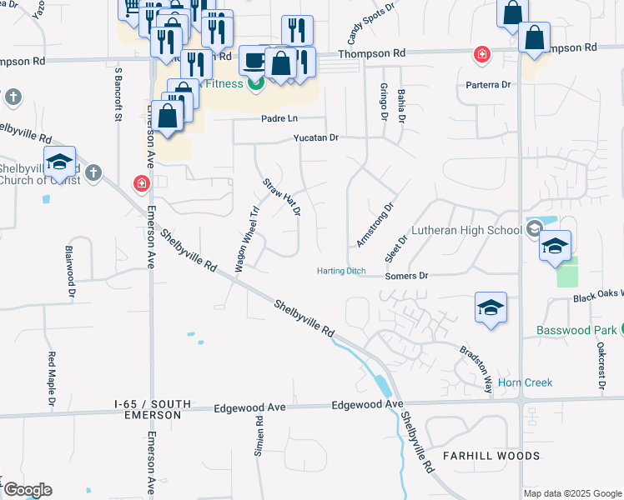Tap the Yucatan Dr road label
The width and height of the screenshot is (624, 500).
[x=315, y=137]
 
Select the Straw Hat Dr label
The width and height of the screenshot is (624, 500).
[x=281, y=197]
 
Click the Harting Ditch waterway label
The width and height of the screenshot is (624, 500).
[x=341, y=271]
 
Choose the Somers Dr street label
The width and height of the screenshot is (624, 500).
[x=406, y=275]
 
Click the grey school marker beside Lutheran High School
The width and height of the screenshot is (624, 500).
[x=534, y=227]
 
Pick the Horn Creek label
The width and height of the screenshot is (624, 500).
[x=525, y=383]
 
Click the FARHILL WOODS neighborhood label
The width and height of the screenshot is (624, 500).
[x=491, y=456]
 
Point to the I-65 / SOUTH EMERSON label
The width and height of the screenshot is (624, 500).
[x=148, y=409]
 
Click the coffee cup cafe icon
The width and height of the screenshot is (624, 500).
[x=253, y=60]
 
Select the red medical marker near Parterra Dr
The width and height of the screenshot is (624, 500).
[x=481, y=56]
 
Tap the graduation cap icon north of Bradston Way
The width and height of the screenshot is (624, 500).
[x=491, y=307]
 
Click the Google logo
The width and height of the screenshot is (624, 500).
[x=27, y=489]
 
